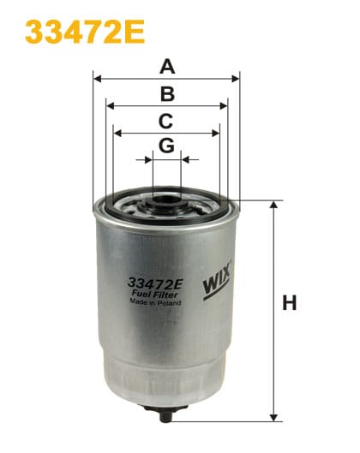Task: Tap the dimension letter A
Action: pyautogui.click(x=167, y=66)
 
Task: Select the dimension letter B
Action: pyautogui.click(x=167, y=94)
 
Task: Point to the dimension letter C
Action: pyautogui.click(x=166, y=121)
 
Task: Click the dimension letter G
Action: pyautogui.click(x=166, y=146)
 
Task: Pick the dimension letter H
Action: pyautogui.click(x=290, y=302)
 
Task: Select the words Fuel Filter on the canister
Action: pyautogui.click(x=154, y=294)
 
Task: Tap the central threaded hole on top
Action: pyautogui.click(x=166, y=206)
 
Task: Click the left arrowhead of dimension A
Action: pyautogui.click(x=97, y=78)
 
